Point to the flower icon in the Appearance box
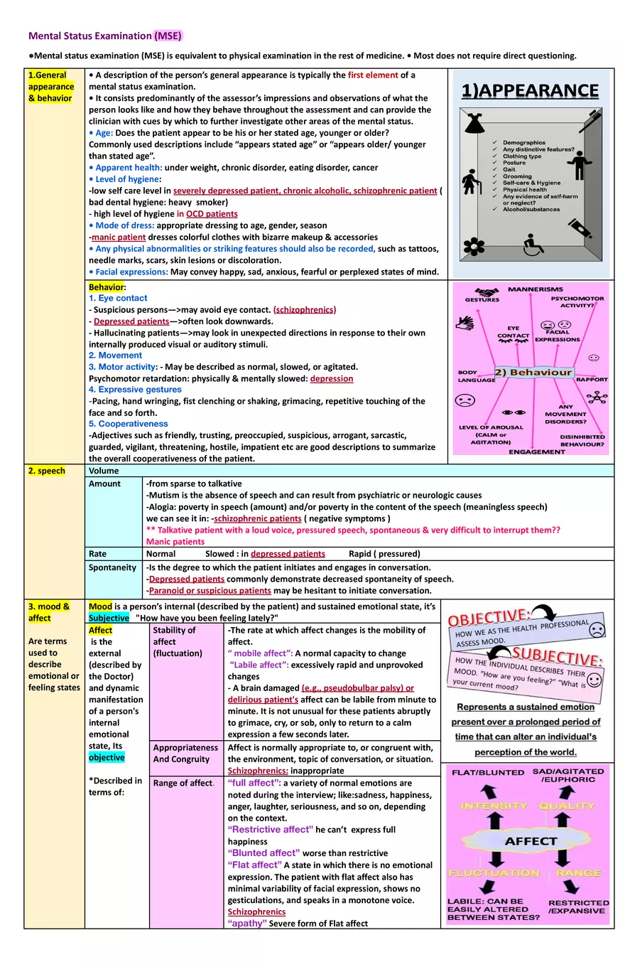tap(472, 246)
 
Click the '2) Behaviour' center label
tap(533, 373)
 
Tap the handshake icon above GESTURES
tap(485, 292)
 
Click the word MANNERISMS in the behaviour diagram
tap(535, 289)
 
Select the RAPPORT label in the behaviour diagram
tap(592, 380)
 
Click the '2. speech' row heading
tap(47, 471)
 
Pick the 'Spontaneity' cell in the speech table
tap(112, 567)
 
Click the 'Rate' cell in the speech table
tap(98, 553)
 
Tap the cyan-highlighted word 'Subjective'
tap(109, 618)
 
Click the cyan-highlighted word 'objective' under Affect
tap(107, 757)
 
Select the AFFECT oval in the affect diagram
tap(531, 841)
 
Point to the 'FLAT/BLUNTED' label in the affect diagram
tap(488, 772)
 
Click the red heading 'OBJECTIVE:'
tap(489, 616)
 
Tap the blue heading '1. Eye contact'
tap(118, 298)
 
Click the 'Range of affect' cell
tap(183, 783)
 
